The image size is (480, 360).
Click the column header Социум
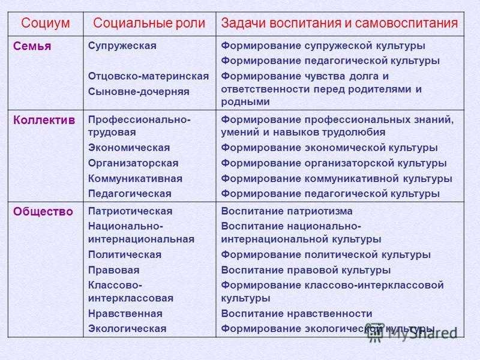coord(46,23)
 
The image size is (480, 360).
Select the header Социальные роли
coord(149,23)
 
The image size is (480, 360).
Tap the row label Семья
coord(32,46)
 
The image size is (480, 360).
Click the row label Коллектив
coord(44,120)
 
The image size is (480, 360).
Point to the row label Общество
coord(43,212)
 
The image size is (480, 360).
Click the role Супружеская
coord(122,46)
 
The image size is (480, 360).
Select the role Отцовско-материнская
coord(148,76)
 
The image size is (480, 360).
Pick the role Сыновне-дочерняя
coord(139,92)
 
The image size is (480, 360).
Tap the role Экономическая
coord(129,148)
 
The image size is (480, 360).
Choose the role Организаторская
coord(133,163)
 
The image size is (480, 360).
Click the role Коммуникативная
coord(136,178)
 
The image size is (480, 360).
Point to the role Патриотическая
coord(130,211)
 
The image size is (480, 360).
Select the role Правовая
coord(114,271)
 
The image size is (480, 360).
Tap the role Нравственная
coord(125,314)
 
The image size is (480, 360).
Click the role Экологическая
coord(127,329)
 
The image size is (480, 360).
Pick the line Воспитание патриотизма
coord(287,211)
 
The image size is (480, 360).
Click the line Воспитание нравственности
coord(296,314)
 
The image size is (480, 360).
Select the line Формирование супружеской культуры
coord(323,46)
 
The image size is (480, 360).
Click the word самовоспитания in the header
coord(406,23)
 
